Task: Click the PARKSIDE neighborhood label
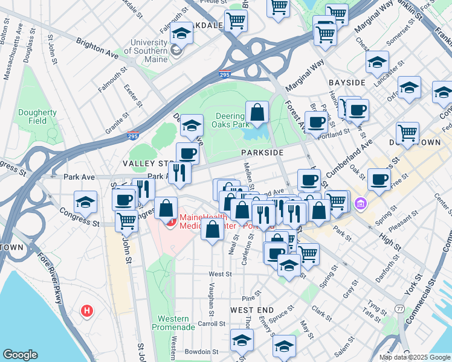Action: [x=263, y=153]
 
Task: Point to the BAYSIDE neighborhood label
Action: [x=347, y=81]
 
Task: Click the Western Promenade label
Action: [x=176, y=322]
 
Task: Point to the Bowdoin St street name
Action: [x=201, y=351]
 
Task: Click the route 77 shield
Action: [x=400, y=308]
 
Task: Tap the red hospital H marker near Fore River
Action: [x=88, y=311]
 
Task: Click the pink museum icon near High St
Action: [x=361, y=203]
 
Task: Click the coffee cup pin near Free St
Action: [x=379, y=179]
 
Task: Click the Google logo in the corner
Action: [x=20, y=355]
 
